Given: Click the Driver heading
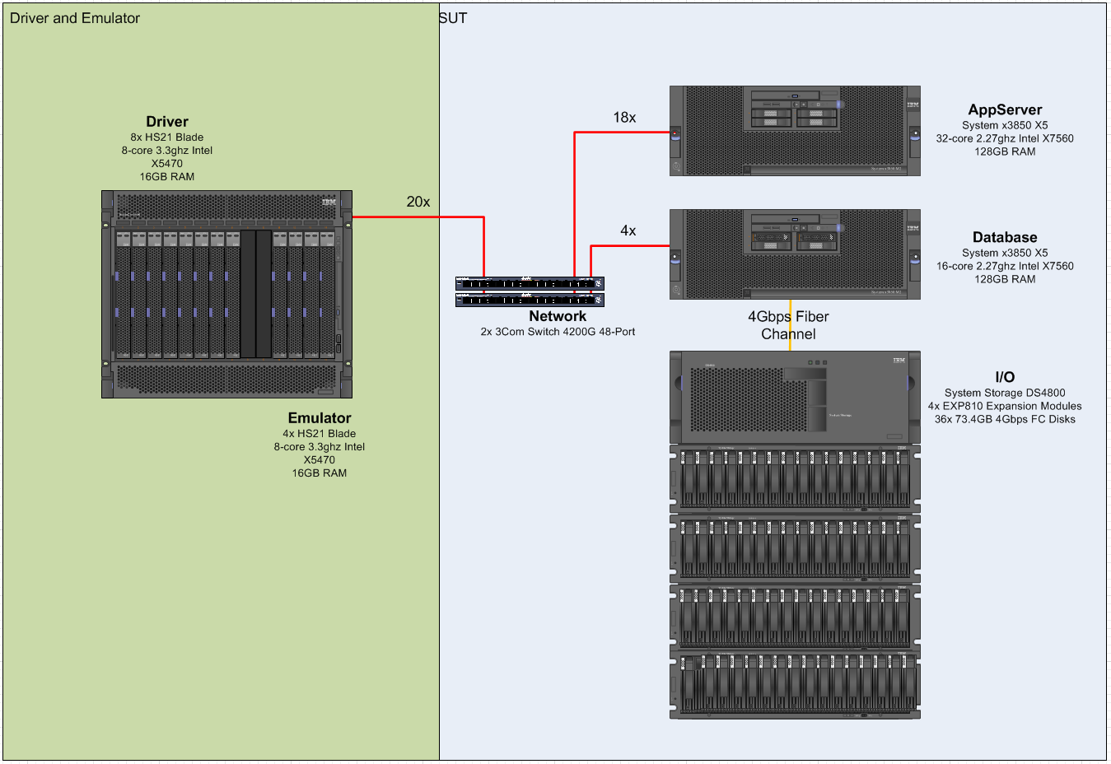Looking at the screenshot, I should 167,122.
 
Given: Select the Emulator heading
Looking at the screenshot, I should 320,418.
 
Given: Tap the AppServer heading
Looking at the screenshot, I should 1005,110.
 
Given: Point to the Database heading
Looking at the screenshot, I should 1005,238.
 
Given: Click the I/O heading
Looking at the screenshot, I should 1005,377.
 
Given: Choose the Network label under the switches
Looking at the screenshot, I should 558,316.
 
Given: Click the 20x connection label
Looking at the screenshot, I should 418,202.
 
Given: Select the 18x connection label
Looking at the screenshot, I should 624,118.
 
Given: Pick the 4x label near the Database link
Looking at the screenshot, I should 628,231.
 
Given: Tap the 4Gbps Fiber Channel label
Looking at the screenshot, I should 788,325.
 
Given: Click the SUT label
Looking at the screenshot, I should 453,18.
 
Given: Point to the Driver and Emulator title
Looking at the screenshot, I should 75,18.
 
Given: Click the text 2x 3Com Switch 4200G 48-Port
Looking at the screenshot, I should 558,332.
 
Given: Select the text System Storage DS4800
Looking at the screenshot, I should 1005,393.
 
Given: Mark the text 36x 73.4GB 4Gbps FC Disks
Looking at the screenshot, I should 1005,419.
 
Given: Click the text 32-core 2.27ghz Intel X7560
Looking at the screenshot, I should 1005,138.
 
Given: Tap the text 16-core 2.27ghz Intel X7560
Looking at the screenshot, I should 1005,266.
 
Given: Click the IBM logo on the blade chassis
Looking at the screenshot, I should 329,202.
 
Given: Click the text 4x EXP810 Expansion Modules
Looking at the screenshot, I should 1005,406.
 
